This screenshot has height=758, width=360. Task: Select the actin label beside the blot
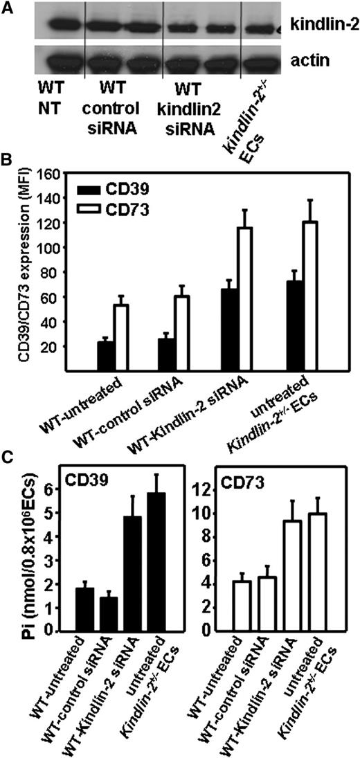click(312, 61)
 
